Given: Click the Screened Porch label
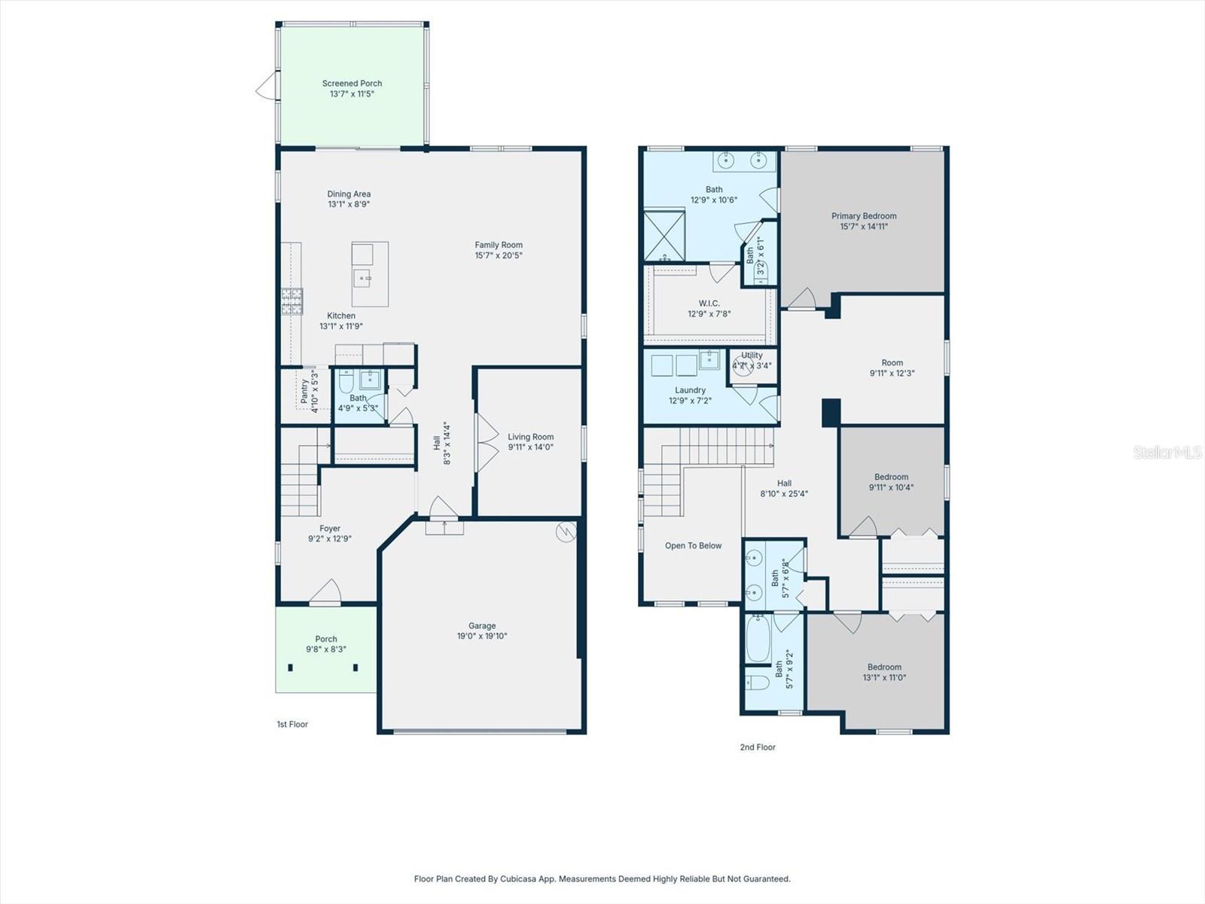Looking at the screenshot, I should point(352,84).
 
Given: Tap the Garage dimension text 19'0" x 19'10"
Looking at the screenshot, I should point(482,637).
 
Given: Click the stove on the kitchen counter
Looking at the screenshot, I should point(291,301).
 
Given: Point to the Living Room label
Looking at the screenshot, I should point(530,437).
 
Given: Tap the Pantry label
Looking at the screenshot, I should point(304,391).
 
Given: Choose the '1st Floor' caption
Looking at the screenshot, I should point(292,725).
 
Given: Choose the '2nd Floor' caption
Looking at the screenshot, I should point(757,747).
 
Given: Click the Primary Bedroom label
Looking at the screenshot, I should point(864,216).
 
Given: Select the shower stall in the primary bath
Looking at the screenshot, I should point(664,236).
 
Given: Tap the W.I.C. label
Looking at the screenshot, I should point(709,304).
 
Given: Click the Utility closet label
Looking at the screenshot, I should point(752,356).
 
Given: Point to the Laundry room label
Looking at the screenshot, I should point(690,390).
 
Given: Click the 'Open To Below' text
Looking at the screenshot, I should point(693,546).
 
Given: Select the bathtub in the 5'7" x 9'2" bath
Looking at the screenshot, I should point(758,639).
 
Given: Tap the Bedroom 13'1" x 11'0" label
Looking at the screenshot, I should point(884,667).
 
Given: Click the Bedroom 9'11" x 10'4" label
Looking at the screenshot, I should point(891,477).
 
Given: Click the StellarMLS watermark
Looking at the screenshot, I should point(1167,453).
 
